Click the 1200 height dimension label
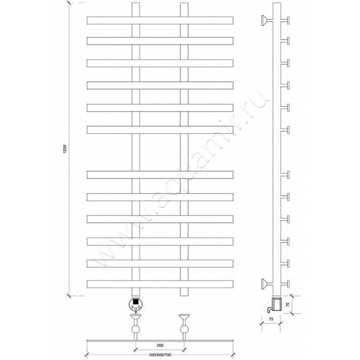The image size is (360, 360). [65, 149]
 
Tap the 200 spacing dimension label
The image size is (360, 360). [160, 345]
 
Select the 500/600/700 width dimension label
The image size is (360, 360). [160, 355]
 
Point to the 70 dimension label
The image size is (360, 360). [288, 305]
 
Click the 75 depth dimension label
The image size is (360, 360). [271, 319]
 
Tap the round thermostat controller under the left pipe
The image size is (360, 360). [136, 304]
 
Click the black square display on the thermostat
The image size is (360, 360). [136, 301]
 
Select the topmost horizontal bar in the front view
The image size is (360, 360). [160, 20]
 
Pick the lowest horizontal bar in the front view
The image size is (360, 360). [160, 284]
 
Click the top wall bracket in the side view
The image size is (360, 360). [265, 20]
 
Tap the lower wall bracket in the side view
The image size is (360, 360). [265, 284]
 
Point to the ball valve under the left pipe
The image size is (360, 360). [136, 329]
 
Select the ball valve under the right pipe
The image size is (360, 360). [184, 329]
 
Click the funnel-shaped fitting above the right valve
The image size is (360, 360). [184, 318]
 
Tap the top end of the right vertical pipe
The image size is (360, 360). [184, 3]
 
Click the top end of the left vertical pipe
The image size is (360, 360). [136, 3]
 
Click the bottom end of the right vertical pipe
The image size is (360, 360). [184, 295]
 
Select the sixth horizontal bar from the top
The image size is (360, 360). [160, 130]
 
